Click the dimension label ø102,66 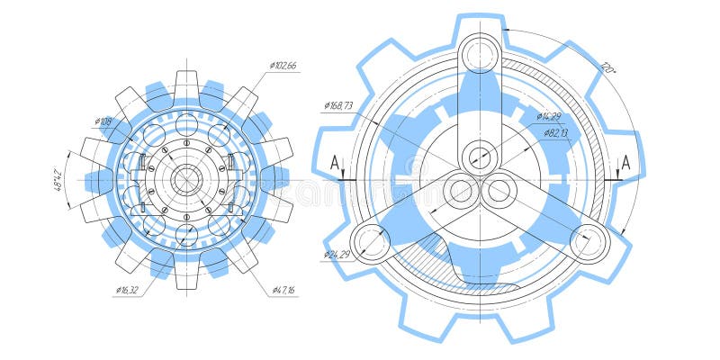pos(283,66)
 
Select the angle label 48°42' pos(59,179)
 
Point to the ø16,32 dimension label pos(128,290)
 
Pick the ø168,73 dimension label pos(338,106)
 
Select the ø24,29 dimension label pos(337,255)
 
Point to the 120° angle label pos(609,67)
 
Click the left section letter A pos(335,164)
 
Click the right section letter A pos(625,164)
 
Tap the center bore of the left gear pos(186,180)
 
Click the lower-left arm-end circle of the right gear pos(368,240)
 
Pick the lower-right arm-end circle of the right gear pos(589,240)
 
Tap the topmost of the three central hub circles pos(479,157)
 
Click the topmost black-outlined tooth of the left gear pos(186,81)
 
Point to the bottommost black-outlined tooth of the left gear pos(186,278)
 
